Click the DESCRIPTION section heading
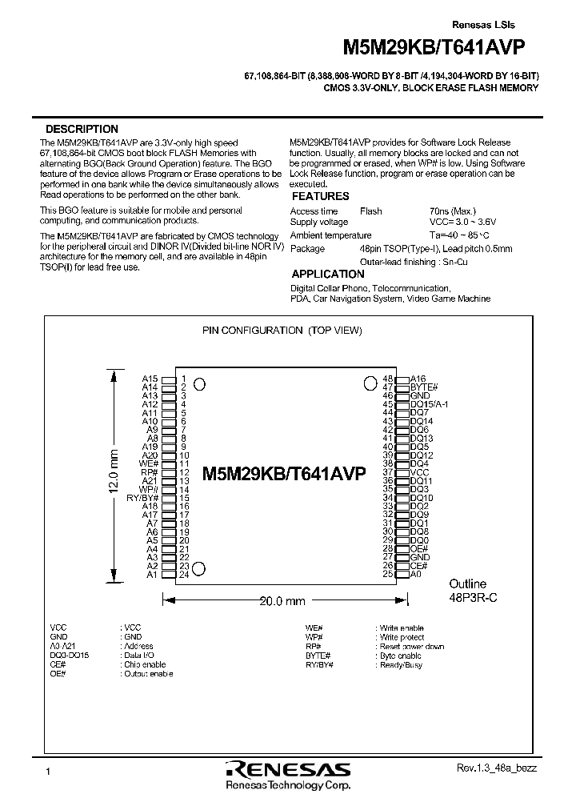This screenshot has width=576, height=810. [x=82, y=129]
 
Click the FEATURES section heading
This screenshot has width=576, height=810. [x=320, y=196]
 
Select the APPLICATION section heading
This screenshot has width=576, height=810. [x=328, y=275]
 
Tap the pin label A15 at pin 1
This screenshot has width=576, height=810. [x=150, y=379]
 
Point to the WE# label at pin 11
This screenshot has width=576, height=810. [x=149, y=463]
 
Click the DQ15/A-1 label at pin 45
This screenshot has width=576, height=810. [x=429, y=404]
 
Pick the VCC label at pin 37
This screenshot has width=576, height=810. [x=419, y=472]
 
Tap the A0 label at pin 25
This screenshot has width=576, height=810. [x=415, y=574]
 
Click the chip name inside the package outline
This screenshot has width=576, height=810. [x=284, y=473]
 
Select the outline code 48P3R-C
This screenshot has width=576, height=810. [x=473, y=599]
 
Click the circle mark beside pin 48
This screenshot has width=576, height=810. [x=371, y=382]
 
